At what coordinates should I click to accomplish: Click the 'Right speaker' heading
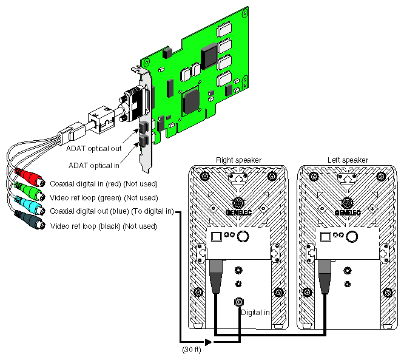click(x=238, y=160)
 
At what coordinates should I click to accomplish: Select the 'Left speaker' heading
click(x=348, y=160)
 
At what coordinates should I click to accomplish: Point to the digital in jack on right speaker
click(x=238, y=302)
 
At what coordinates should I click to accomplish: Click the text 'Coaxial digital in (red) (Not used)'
click(x=112, y=183)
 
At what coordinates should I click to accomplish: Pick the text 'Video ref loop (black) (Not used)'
click(x=103, y=226)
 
